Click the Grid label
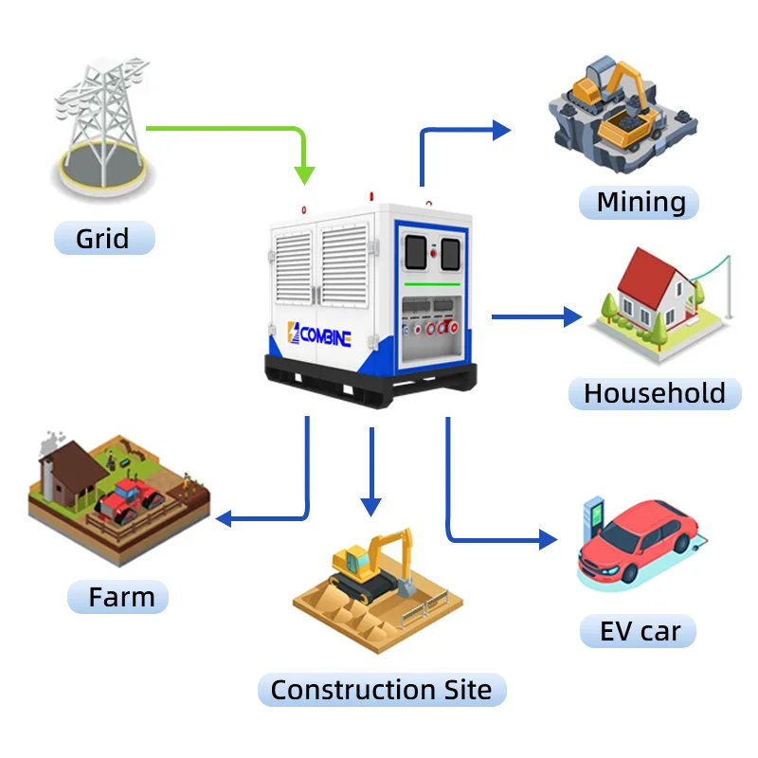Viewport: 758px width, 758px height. [102, 237]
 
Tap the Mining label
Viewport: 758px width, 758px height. [641, 202]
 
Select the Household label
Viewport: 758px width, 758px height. [655, 393]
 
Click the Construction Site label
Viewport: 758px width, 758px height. [381, 690]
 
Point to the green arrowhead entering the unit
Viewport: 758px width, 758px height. [304, 174]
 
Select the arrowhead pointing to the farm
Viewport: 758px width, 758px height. [226, 518]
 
